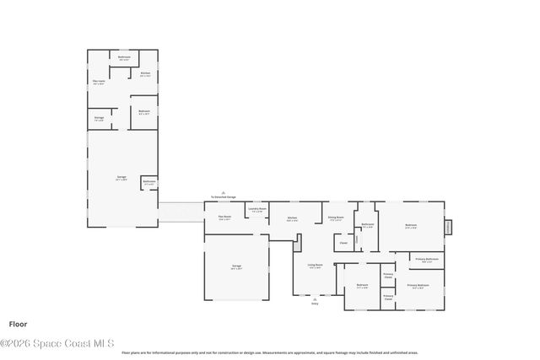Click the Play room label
98,83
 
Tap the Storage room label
99,119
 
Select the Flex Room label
224,218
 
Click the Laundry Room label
257,210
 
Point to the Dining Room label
335,218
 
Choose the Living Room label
315,266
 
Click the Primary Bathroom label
426,260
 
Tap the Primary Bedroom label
418,286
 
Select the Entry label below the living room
315,304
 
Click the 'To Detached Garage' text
224,197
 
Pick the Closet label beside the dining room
343,244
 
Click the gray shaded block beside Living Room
298,243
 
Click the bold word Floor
18,324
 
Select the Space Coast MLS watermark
57,343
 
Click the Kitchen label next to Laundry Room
292,218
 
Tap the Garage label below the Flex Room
237,267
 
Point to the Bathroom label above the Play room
124,58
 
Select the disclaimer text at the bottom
270,353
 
